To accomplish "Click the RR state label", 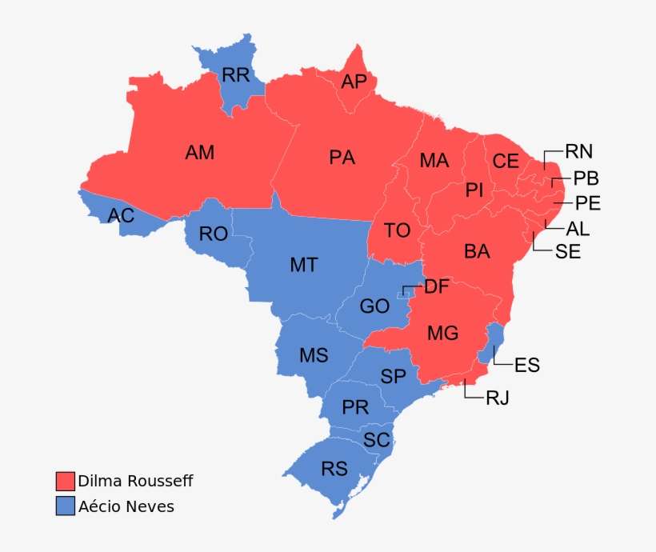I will click(x=236, y=76).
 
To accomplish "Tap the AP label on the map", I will click(x=354, y=82).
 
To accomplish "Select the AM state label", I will click(x=200, y=152).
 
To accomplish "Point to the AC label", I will click(x=121, y=215).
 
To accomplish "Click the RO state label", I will click(x=214, y=234).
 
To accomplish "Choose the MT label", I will click(x=304, y=265).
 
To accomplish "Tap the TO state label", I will click(x=397, y=230).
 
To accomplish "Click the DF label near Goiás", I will click(x=437, y=287).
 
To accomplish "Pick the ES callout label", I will click(x=527, y=366).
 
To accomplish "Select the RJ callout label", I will click(x=498, y=398).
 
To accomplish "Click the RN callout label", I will click(x=579, y=151).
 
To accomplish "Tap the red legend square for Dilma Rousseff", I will click(x=65, y=481).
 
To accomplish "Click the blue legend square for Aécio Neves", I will click(x=65, y=506).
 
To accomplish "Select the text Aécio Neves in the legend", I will click(x=126, y=506).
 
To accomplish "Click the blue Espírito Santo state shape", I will click(x=495, y=340).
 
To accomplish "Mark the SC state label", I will click(x=377, y=439).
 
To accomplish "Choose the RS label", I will click(x=334, y=469).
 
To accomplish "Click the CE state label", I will click(x=506, y=162).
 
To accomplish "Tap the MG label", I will click(x=443, y=332).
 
